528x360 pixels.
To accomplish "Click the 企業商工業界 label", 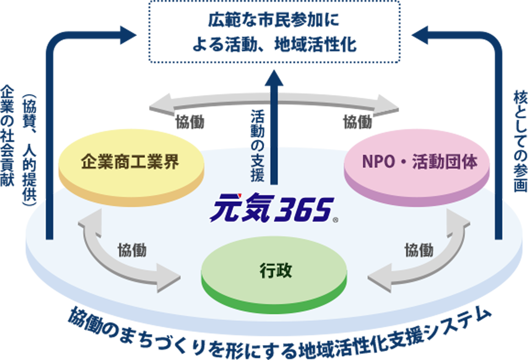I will [130, 163].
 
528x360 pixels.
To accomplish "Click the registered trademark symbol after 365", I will [336, 220].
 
